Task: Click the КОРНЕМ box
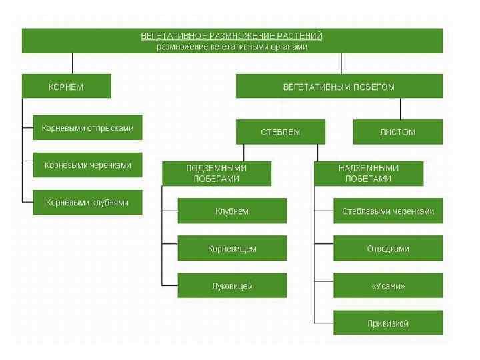(67, 87)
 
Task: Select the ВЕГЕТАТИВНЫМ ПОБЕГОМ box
(339, 87)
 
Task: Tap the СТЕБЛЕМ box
(280, 132)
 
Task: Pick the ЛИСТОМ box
(397, 132)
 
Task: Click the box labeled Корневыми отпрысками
(87, 128)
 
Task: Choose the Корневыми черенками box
(87, 165)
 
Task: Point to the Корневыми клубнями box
(87, 202)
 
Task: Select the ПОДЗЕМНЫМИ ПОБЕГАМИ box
(216, 174)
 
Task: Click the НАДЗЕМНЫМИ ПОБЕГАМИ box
(368, 174)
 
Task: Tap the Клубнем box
(232, 211)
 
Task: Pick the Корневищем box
(232, 249)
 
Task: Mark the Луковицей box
(232, 286)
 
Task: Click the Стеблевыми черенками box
(388, 211)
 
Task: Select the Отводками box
(388, 249)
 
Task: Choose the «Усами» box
(388, 286)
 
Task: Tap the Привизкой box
(388, 323)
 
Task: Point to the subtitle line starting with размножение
(232, 47)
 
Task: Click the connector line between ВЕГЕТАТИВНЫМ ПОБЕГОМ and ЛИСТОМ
(400, 109)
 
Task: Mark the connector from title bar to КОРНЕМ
(72, 63)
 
